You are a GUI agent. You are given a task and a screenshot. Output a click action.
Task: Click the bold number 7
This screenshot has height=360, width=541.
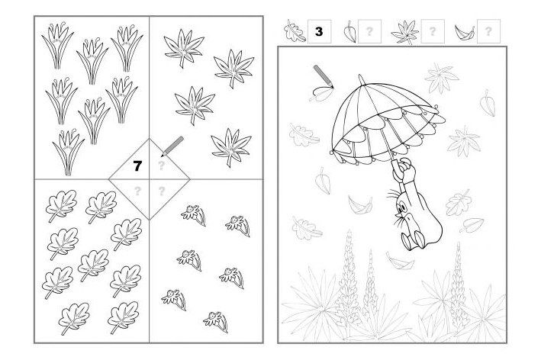click(137, 166)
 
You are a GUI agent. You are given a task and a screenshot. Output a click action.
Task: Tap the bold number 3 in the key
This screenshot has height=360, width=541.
click(319, 31)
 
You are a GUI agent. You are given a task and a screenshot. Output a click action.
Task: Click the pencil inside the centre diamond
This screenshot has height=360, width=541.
click(172, 146)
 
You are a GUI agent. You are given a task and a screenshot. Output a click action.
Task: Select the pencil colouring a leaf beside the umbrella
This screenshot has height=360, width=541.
click(324, 76)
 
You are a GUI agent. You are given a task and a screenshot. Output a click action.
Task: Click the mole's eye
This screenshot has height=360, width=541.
click(401, 208)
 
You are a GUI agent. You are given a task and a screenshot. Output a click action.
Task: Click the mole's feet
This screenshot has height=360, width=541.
click(414, 239)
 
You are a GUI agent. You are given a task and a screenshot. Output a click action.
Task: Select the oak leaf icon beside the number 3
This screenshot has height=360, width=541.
click(295, 31)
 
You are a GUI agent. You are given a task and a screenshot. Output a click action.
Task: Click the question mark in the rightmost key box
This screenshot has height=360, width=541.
click(488, 31)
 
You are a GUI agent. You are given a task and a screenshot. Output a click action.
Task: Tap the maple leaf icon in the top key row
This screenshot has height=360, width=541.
click(405, 32)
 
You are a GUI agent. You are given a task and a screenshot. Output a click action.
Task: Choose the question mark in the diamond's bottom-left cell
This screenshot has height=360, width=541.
click(137, 191)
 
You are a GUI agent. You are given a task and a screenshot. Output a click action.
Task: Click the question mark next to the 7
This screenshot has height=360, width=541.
click(161, 166)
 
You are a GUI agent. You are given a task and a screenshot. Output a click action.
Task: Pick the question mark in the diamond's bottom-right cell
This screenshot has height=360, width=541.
click(161, 191)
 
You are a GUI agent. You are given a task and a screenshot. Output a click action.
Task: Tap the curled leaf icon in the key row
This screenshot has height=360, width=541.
click(465, 32)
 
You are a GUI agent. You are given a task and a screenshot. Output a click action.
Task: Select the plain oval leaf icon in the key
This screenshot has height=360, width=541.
click(349, 32)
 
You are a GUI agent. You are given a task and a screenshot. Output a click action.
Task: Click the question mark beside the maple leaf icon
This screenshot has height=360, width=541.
click(432, 31)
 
